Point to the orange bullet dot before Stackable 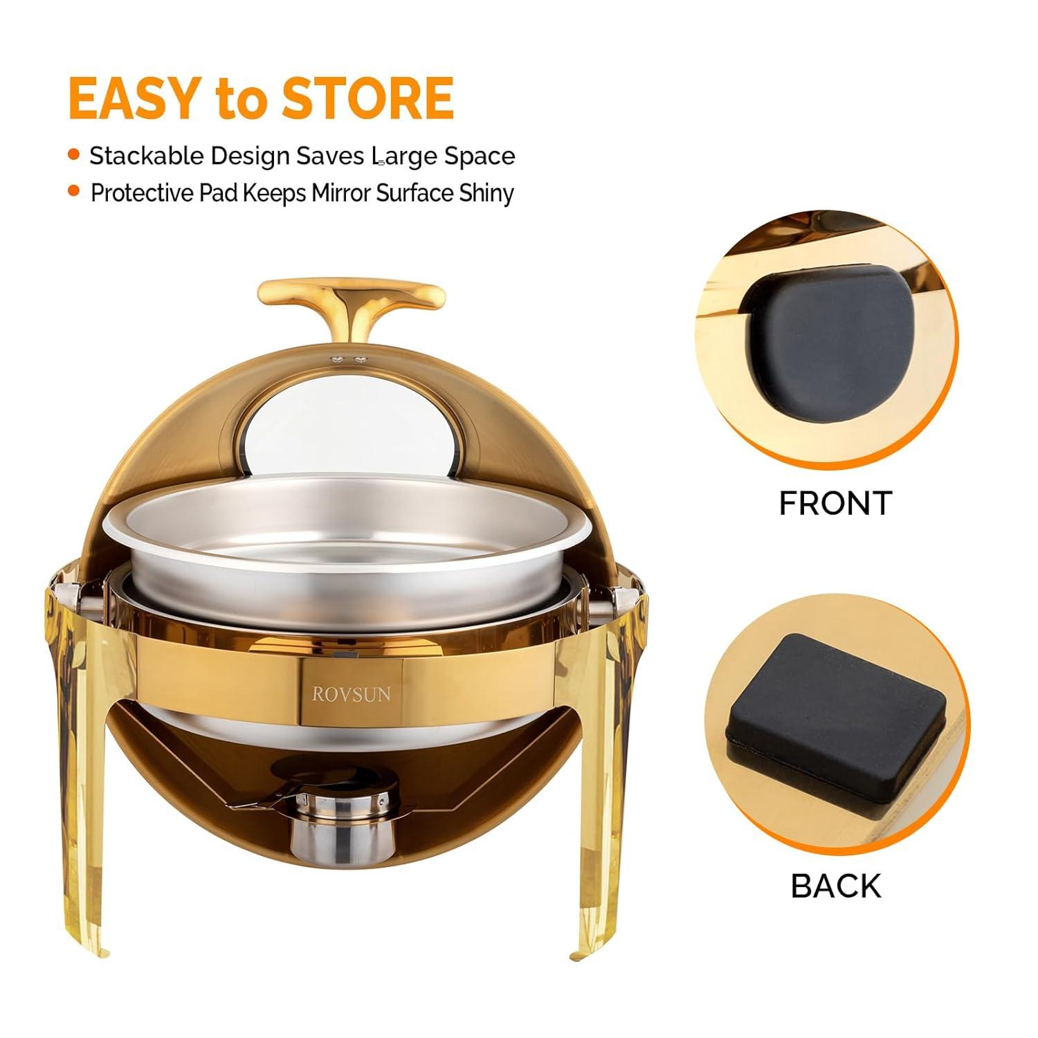tap(74, 155)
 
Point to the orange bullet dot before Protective tap(74, 191)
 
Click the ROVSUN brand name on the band tap(351, 693)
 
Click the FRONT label tap(835, 503)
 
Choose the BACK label tap(836, 886)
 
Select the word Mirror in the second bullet tap(342, 193)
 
